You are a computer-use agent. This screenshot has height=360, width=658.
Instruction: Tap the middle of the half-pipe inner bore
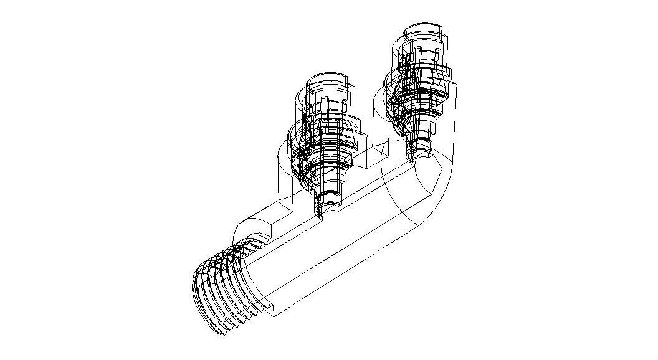pyautogui.click(x=324, y=249)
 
